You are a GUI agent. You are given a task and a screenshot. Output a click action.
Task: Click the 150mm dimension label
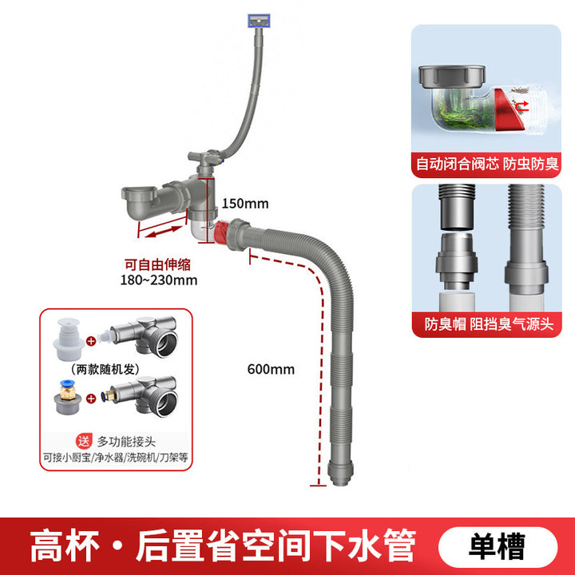pyautogui.click(x=244, y=204)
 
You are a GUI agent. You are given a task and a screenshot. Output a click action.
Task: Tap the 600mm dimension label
pyautogui.click(x=271, y=369)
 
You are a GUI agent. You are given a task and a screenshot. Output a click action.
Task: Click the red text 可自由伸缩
pyautogui.click(x=157, y=264)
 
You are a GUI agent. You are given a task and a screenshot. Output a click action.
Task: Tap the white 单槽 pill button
pyautogui.click(x=498, y=547)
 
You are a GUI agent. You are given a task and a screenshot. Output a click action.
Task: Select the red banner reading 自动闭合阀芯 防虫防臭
pyautogui.click(x=486, y=165)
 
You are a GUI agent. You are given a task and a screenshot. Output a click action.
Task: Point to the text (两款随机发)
pyautogui.click(x=101, y=370)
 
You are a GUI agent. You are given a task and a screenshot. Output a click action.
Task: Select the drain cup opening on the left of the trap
pyautogui.click(x=140, y=194)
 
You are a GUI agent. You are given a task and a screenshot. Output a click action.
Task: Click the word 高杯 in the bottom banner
pyautogui.click(x=63, y=547)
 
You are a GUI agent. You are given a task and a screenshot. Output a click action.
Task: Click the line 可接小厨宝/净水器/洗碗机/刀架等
pyautogui.click(x=117, y=458)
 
